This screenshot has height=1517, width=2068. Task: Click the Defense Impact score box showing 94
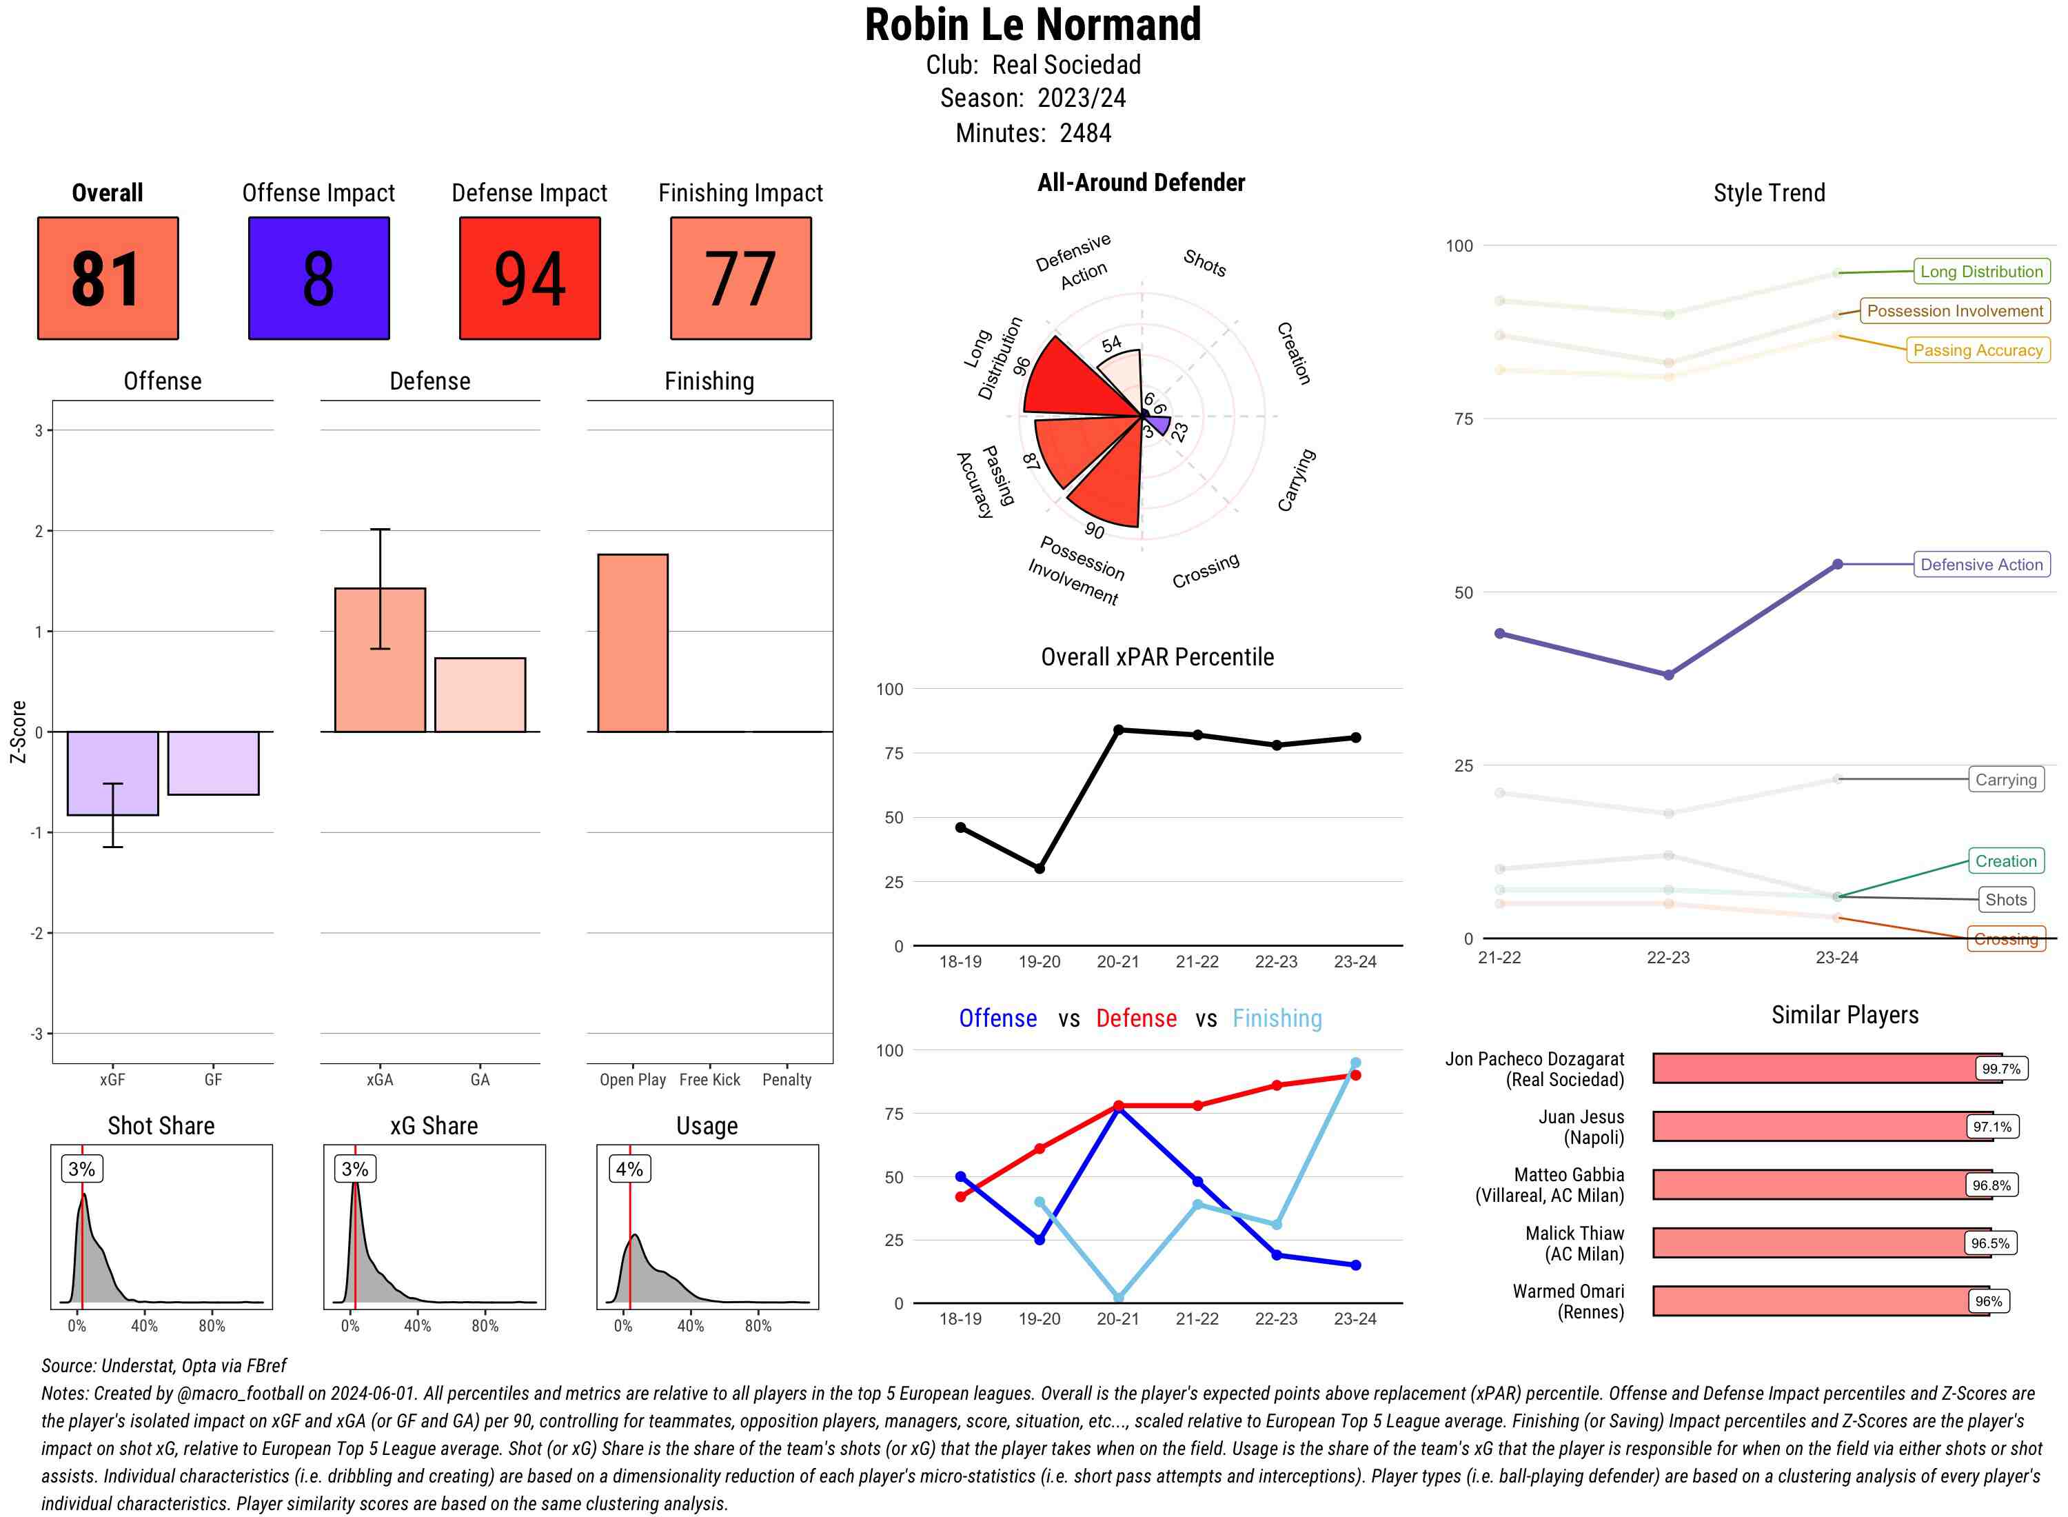click(529, 279)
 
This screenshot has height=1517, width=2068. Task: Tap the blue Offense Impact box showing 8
click(318, 279)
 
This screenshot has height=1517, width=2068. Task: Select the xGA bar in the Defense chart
click(380, 659)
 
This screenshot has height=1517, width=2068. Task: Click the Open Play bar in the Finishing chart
click(632, 643)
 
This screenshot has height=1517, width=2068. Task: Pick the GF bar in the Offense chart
click(213, 763)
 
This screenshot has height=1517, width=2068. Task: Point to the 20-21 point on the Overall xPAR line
click(1118, 730)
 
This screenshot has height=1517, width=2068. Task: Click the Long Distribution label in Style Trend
click(1981, 272)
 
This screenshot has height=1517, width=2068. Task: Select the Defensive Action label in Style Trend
click(1981, 565)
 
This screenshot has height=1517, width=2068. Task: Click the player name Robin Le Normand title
click(1033, 25)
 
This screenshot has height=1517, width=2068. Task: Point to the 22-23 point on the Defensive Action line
click(1667, 675)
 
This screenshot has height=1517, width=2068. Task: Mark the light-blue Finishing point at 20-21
click(1118, 1298)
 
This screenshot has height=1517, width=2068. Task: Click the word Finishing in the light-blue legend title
click(1277, 1018)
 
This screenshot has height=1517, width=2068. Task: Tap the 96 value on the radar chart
click(1022, 365)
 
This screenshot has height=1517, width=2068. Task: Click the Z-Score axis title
click(17, 732)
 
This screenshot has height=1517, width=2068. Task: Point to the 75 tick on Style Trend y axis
click(1463, 419)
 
